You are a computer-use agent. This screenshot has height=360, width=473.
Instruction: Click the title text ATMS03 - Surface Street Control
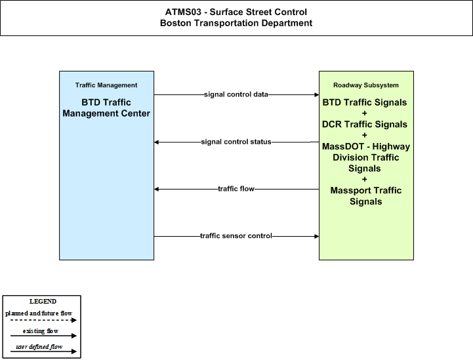(x=236, y=12)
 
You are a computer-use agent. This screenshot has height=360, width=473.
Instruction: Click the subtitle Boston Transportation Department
(x=236, y=23)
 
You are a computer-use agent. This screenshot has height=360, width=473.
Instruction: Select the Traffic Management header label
(x=106, y=85)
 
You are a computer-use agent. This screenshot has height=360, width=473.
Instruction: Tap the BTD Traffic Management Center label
(x=106, y=108)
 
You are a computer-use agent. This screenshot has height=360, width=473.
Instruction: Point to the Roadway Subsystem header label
(x=366, y=85)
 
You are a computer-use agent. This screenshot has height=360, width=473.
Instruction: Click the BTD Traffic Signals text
(x=365, y=102)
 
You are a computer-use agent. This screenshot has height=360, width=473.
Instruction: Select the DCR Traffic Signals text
(x=365, y=125)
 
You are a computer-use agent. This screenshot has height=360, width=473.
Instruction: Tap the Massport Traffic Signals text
(x=366, y=196)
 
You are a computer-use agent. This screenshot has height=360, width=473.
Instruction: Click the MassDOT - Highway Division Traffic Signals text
(x=366, y=157)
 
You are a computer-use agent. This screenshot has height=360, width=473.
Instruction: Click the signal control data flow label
(x=236, y=94)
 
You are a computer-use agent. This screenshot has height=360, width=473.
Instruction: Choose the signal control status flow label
(x=236, y=142)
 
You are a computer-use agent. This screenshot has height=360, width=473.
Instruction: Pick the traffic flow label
(x=236, y=189)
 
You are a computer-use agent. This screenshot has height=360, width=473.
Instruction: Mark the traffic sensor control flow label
(x=236, y=236)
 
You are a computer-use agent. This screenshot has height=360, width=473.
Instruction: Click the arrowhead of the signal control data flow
(x=317, y=94)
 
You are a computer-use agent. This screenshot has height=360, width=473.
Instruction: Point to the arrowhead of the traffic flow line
(x=156, y=189)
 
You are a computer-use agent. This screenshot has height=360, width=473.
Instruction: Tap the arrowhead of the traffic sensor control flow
(x=317, y=236)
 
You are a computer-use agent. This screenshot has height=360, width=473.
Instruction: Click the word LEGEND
(x=43, y=302)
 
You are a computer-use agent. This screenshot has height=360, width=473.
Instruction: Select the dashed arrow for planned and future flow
(x=43, y=320)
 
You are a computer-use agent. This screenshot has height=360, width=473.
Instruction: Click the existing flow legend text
(x=41, y=331)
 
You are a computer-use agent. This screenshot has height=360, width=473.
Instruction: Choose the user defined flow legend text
(x=39, y=347)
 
